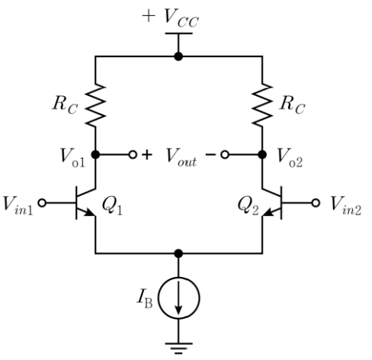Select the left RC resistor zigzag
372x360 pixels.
[95, 104]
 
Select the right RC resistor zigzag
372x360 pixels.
[262, 104]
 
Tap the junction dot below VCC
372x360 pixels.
[178, 56]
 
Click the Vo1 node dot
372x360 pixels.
[95, 154]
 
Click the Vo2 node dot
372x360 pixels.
[262, 154]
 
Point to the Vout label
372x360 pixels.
[181, 158]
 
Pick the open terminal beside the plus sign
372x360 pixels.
[133, 154]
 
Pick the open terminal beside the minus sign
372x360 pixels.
[225, 154]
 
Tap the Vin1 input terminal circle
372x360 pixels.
[42, 203]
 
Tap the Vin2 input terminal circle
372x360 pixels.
[316, 203]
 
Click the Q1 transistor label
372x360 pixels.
[112, 206]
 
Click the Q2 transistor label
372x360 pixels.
[249, 206]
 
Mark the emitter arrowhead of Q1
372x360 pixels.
[89, 212]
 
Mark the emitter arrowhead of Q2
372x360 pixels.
[268, 212]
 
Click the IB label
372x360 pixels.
[145, 300]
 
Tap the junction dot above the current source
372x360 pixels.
[178, 253]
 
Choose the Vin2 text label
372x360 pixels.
[346, 207]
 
